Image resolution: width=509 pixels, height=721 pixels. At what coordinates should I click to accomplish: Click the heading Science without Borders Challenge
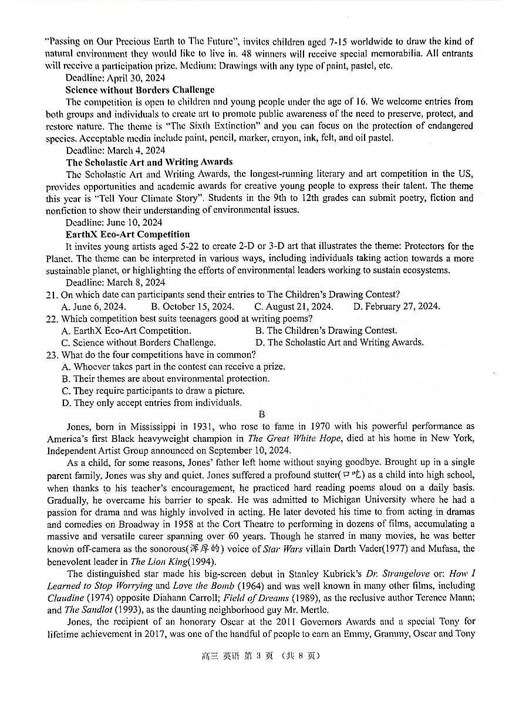point(140,90)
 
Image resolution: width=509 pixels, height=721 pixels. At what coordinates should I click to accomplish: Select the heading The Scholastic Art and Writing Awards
point(149,162)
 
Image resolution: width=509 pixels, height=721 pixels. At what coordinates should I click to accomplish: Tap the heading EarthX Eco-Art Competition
point(127,234)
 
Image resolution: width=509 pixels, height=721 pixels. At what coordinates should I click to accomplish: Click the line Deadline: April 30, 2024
point(115,78)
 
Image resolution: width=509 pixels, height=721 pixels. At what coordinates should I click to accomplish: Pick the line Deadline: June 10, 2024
point(114,222)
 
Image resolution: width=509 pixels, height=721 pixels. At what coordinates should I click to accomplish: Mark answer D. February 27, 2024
point(396,306)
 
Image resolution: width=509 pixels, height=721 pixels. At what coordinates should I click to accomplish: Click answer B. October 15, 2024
point(192,306)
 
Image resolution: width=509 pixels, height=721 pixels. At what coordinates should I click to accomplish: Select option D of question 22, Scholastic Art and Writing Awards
point(339,343)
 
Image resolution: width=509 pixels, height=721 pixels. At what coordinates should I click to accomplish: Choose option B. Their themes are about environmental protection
point(166,378)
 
